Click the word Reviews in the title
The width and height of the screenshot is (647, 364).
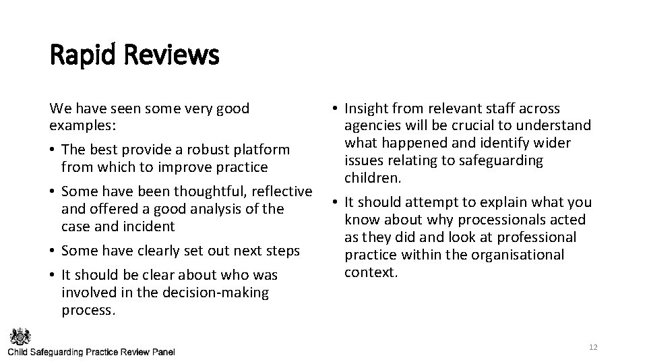coord(172,55)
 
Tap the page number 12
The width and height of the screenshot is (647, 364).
coord(593,347)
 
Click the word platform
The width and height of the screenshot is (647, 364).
coord(261,149)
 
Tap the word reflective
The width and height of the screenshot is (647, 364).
coord(280,191)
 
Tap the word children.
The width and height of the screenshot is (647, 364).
coord(373,178)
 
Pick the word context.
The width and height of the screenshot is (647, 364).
coord(371,272)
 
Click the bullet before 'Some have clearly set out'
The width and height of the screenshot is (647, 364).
coord(53,251)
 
